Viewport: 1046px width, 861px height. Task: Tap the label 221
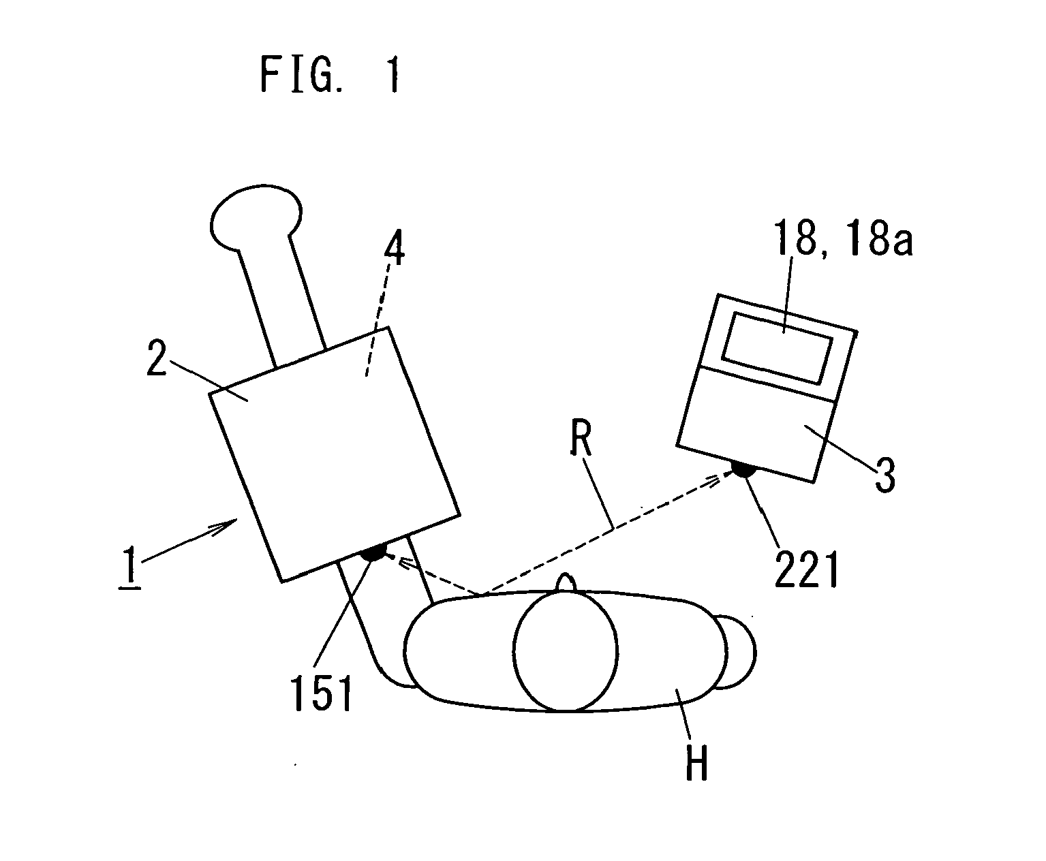coord(806,570)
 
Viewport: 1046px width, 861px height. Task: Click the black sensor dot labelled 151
coord(374,552)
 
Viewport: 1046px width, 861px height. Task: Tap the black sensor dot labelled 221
coord(741,469)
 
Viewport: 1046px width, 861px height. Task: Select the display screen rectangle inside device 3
coord(778,347)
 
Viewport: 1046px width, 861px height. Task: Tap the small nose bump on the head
coord(567,583)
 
